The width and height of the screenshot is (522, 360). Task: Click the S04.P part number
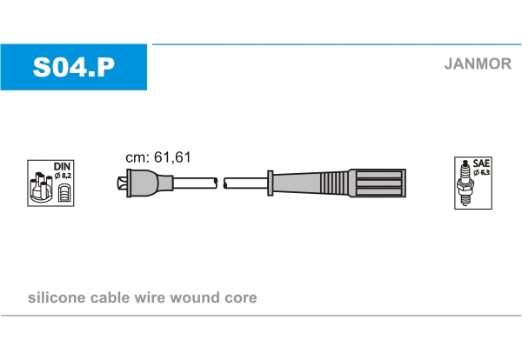pos(74,67)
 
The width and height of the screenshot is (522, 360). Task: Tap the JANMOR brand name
pos(478,63)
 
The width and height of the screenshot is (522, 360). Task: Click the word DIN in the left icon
pos(62,166)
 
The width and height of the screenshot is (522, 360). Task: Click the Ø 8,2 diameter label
pos(63,176)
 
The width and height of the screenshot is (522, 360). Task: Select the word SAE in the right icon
pos(481,163)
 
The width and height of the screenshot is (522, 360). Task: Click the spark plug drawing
pos(465,183)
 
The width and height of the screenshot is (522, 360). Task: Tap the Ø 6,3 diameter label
pos(481,172)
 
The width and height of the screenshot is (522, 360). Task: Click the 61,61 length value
pos(172,157)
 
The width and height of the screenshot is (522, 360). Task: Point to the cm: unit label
pos(137,157)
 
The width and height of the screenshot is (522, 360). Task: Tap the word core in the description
pos(241,298)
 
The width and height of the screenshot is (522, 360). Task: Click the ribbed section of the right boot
pos(334,183)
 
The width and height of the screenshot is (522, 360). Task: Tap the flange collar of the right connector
pos(271,183)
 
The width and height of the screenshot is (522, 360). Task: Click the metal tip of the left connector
pos(122,183)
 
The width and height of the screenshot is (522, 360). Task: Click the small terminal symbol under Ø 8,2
pos(64,193)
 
